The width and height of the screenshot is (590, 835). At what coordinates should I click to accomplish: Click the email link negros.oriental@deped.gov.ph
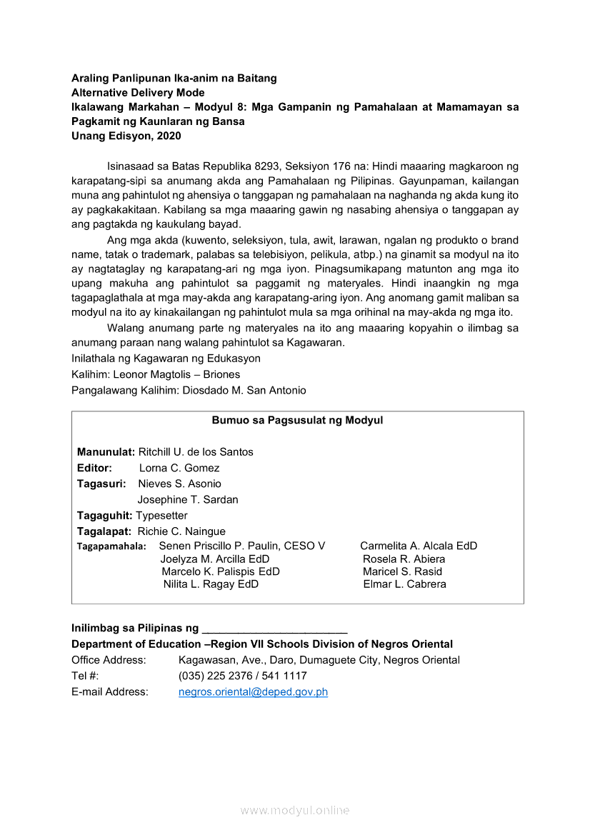[x=253, y=691]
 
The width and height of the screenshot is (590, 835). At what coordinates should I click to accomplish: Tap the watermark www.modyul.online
[x=295, y=810]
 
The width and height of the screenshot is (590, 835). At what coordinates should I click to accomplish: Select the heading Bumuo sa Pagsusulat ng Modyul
[x=297, y=420]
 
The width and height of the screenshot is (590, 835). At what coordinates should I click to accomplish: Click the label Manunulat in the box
[x=106, y=451]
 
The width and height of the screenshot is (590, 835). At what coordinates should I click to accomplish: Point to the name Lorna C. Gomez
[x=179, y=468]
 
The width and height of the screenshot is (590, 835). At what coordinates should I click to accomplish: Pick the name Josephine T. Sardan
[x=188, y=499]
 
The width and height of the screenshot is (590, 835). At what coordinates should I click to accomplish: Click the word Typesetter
[x=162, y=515]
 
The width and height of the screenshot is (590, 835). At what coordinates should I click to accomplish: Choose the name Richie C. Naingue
[x=181, y=531]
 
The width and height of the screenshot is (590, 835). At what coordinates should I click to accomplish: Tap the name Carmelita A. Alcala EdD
[x=419, y=546]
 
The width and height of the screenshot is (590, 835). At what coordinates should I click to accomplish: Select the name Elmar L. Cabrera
[x=404, y=584]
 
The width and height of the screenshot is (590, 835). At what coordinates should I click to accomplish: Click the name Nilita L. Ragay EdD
[x=211, y=584]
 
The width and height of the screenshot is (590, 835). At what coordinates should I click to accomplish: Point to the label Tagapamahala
[x=111, y=546]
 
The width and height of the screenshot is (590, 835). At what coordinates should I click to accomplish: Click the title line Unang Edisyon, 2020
[x=126, y=136]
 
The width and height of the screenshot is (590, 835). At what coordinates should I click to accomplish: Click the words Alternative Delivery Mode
[x=138, y=93]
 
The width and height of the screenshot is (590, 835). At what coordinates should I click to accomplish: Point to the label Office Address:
[x=109, y=660]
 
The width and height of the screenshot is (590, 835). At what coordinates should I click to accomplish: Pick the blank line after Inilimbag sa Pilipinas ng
[x=275, y=629]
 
